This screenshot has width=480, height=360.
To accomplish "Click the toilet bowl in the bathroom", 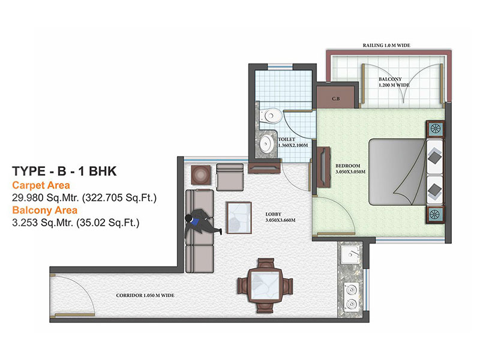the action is coord(271,116).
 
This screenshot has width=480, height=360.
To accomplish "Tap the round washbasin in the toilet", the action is coord(267,143).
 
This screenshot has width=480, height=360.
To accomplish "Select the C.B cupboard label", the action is coord(336,98).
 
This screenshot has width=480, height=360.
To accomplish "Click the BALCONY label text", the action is coord(390,79).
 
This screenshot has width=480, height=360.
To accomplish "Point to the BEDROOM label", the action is coord(348,166).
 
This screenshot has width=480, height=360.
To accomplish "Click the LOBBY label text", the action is coord(273,214).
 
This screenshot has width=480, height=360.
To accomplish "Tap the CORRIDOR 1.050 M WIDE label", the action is coord(145,295).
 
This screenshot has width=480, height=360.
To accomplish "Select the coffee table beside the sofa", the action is coord(239,217).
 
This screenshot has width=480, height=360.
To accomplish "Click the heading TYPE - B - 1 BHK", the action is coord(64,171).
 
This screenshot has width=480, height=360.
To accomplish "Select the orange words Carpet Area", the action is coord(41,185).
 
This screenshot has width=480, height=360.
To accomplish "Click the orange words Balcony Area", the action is coord(44,211).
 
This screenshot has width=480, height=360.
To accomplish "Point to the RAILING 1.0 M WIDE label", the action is coord(386,46).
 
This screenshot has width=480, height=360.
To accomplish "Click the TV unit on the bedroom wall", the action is coord(323,167).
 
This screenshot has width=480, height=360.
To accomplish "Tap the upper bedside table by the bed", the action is coord(435,128).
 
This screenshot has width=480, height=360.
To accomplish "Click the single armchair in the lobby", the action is coord(230,177).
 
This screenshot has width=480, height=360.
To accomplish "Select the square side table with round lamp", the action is coord(201,175).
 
